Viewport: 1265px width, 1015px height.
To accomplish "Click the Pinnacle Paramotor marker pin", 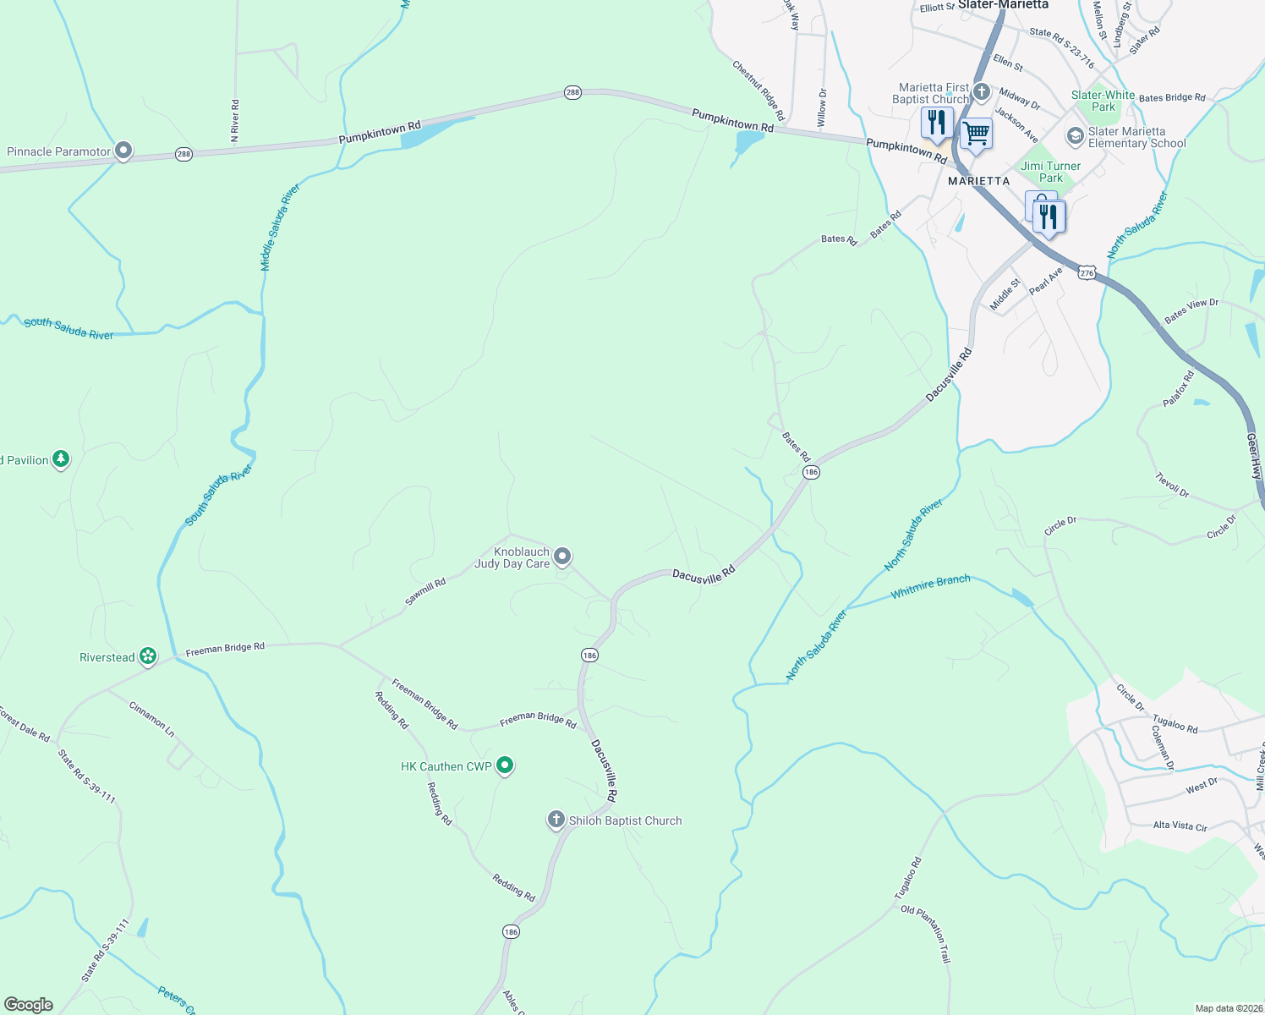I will pyautogui.click(x=123, y=151).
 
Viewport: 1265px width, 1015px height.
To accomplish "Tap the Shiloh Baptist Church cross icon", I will pyautogui.click(x=556, y=819).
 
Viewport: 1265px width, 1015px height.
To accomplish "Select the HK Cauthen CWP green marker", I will pyautogui.click(x=505, y=765).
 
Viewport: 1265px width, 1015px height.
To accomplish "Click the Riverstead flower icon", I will pyautogui.click(x=148, y=656).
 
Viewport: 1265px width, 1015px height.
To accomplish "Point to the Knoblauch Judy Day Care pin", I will pyautogui.click(x=562, y=556).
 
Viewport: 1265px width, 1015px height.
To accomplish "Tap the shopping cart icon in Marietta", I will pyautogui.click(x=976, y=134).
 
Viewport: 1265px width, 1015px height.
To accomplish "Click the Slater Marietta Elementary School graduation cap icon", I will pyautogui.click(x=1075, y=135).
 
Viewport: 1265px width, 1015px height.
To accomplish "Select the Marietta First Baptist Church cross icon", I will pyautogui.click(x=981, y=91).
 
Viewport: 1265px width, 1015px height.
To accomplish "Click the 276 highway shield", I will pyautogui.click(x=1087, y=272).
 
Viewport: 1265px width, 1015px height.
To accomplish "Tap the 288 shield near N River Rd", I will pyautogui.click(x=183, y=154).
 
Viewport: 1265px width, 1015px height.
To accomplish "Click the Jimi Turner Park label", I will pyautogui.click(x=1050, y=172).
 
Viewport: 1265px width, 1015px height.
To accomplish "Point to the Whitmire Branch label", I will pyautogui.click(x=930, y=586).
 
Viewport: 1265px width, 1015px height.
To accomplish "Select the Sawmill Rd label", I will pyautogui.click(x=424, y=592).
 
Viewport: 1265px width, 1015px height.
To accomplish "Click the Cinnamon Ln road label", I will pyautogui.click(x=152, y=719).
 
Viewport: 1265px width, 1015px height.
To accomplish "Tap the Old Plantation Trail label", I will pyautogui.click(x=926, y=934).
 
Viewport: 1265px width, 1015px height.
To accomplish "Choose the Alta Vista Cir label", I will pyautogui.click(x=1180, y=826).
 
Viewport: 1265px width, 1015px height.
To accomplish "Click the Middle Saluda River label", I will pyautogui.click(x=280, y=227).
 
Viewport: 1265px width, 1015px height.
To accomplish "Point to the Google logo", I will pyautogui.click(x=28, y=1005).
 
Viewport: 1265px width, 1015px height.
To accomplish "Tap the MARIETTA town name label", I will pyautogui.click(x=978, y=181).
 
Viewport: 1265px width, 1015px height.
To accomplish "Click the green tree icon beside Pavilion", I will pyautogui.click(x=60, y=458).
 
